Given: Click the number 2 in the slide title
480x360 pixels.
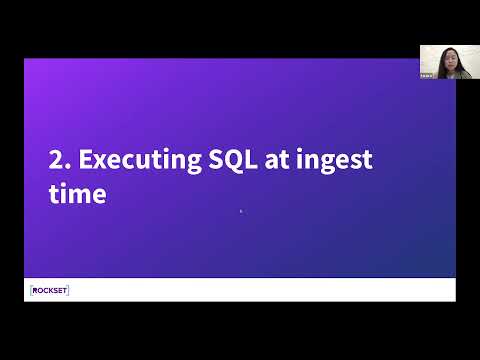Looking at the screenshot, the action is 55,159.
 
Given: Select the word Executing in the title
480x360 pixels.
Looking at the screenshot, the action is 140,161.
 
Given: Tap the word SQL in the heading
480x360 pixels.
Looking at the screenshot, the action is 233,160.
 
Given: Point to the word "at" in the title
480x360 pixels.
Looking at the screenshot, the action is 277,160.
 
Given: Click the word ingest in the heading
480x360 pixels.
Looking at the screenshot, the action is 334,161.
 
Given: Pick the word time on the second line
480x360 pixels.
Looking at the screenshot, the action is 77,194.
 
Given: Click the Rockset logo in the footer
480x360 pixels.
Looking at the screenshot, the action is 49,290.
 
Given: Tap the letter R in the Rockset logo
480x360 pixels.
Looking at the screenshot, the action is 35,291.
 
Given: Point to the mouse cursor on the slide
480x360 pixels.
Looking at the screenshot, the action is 242,211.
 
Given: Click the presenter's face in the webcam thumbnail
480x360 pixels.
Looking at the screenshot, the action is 448,61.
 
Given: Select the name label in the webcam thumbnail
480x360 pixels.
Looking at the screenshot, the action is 426,76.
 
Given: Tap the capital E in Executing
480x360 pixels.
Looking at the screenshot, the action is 85,159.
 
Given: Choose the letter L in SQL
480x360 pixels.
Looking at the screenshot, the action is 251,159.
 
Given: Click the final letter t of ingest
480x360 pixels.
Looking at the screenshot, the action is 367,160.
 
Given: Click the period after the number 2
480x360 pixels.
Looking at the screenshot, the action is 68,166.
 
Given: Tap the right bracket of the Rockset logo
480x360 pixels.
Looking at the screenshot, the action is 68,290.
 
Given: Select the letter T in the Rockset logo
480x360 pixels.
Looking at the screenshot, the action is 63,291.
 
